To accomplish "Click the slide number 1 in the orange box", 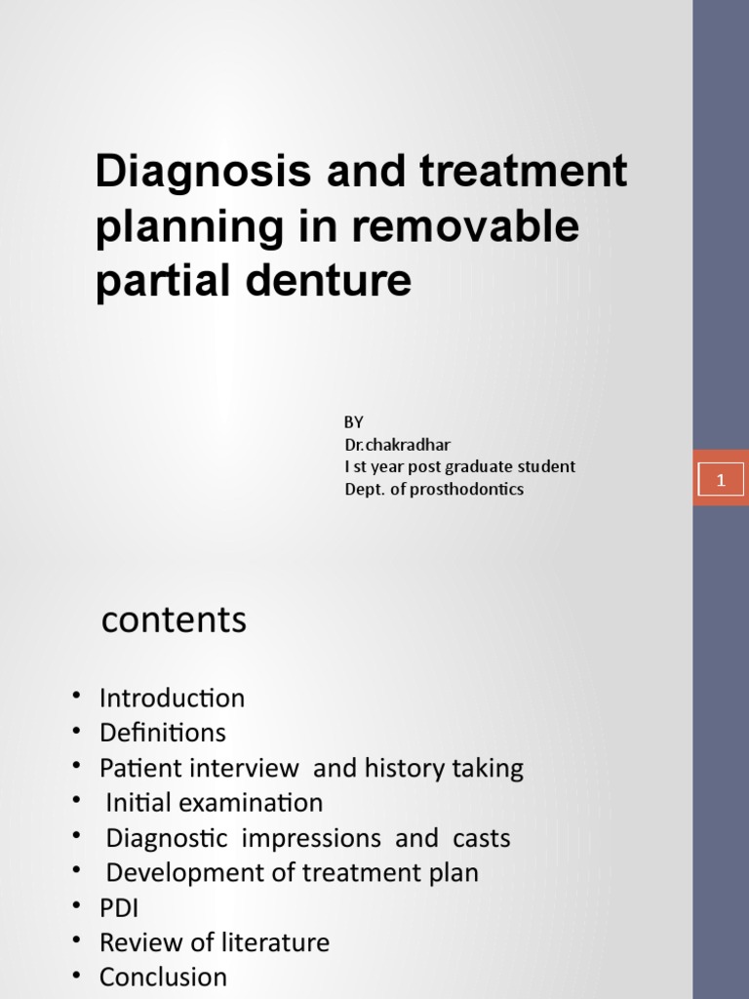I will (x=721, y=479).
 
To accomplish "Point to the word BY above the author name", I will (x=353, y=422).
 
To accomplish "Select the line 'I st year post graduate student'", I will (x=459, y=466).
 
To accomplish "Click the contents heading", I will (x=174, y=619).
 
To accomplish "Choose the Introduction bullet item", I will (x=172, y=699).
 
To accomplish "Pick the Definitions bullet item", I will (x=162, y=733).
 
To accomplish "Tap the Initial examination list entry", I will (x=214, y=803).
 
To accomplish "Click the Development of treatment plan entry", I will (x=292, y=872).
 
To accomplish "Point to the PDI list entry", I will (x=119, y=907).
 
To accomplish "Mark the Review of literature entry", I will (x=214, y=942).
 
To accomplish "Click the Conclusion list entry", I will (x=163, y=977).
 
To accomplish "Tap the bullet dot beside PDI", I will (x=76, y=907).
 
